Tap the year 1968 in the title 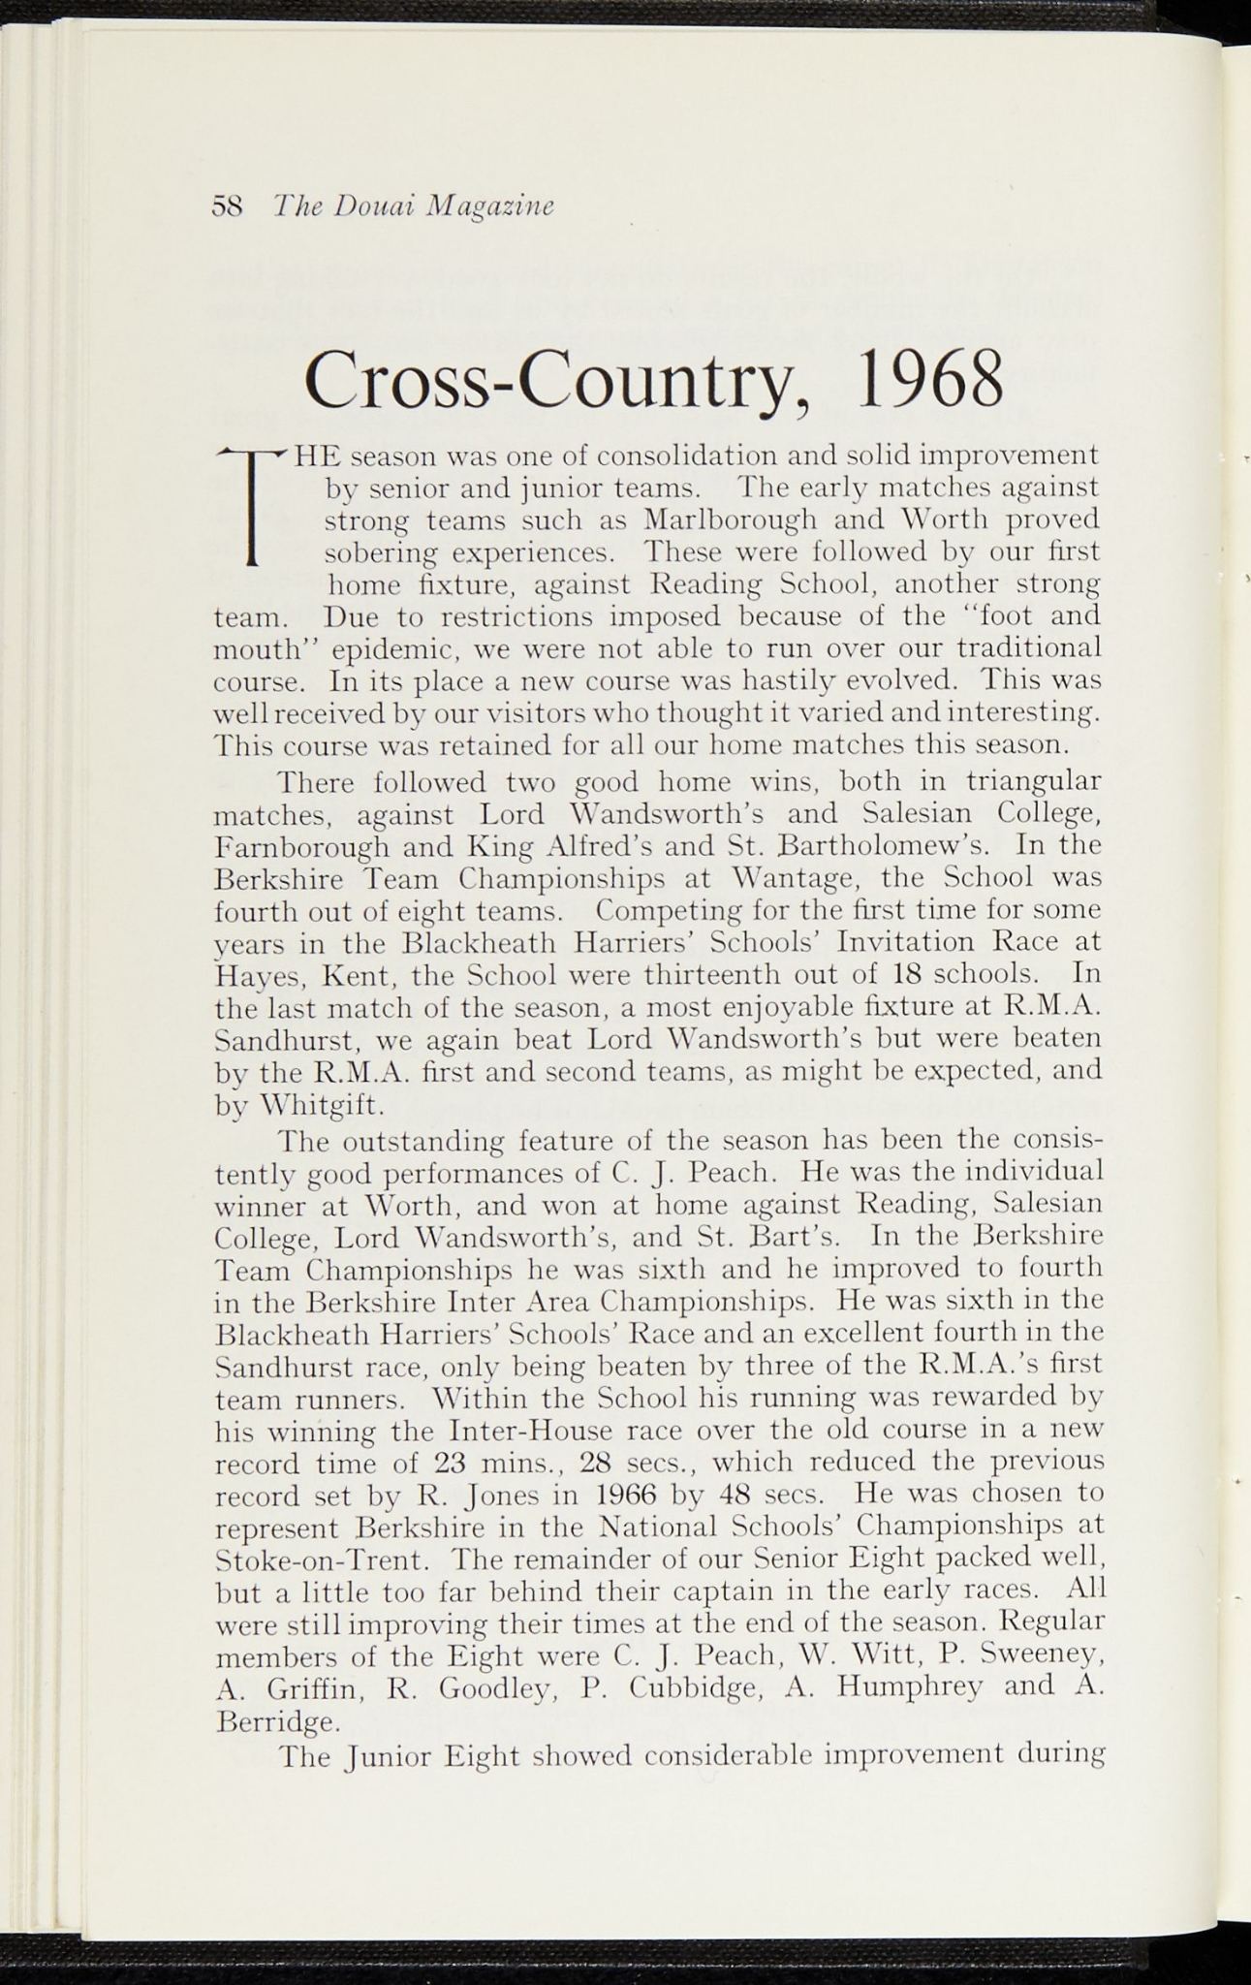930,381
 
